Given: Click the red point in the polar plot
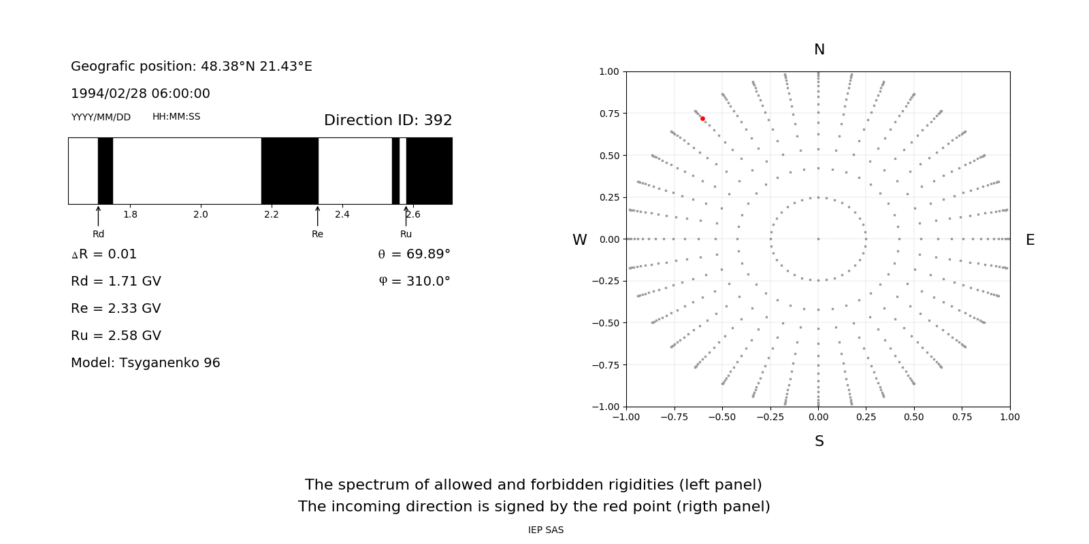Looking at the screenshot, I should [x=702, y=118].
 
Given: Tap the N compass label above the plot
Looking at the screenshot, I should [x=819, y=50].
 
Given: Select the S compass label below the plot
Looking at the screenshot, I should [x=819, y=441].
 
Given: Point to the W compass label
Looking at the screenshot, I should [x=579, y=240].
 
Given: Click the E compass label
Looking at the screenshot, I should [x=1030, y=240].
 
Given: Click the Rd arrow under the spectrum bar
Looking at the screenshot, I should [x=99, y=216].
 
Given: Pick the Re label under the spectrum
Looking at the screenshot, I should [x=317, y=235].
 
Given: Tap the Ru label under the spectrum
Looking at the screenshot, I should [x=406, y=235].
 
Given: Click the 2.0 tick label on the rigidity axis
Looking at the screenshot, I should [x=201, y=215].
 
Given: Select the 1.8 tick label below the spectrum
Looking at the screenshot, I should [x=130, y=215].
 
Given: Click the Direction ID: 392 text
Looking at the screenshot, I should [x=388, y=120].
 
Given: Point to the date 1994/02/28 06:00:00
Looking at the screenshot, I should [x=140, y=94].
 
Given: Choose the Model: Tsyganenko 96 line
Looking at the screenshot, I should [x=146, y=363].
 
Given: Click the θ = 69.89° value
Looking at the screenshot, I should [x=414, y=254].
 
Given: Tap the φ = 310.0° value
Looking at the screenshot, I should [x=415, y=282].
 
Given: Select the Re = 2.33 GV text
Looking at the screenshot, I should [x=116, y=309].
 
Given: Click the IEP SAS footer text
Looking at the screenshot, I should [x=546, y=530].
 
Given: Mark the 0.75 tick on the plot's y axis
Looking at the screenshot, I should [x=609, y=114].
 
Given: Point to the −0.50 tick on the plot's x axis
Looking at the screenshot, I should [x=721, y=417].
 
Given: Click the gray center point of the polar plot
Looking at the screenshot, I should [x=818, y=239].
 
